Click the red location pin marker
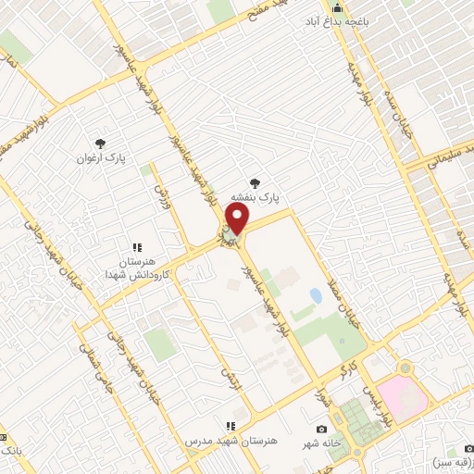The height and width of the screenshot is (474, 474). pos(237,219)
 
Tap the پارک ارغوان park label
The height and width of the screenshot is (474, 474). pos(101,158)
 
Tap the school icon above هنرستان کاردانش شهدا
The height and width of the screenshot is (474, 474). pos(137,247)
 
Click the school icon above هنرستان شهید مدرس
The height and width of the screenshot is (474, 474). pos(230,427)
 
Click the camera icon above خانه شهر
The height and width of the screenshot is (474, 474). pos(321,429)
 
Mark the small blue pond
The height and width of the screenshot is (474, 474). pos(316,296)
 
